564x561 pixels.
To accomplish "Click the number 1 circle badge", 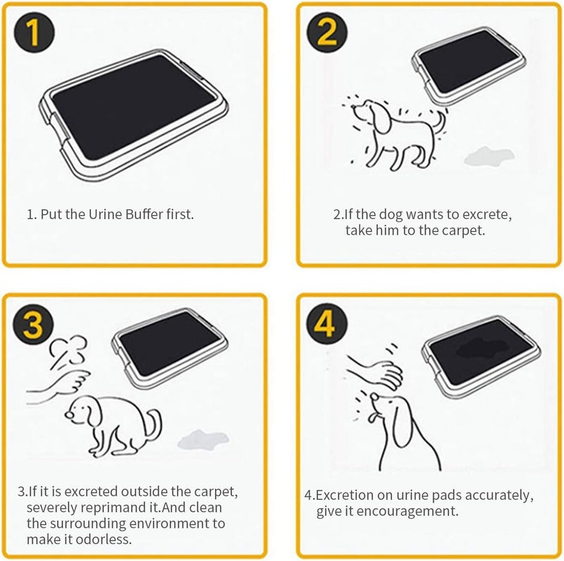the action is point(34,32).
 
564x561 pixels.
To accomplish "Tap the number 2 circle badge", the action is point(327,32).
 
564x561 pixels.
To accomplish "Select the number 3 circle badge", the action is point(34,325).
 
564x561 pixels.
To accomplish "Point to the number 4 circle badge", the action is point(327,325).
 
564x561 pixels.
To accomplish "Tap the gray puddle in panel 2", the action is point(489,156).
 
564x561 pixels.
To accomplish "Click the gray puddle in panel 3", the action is point(204,439).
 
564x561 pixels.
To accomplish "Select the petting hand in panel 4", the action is point(376,372).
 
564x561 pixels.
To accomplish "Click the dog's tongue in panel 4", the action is point(374,417).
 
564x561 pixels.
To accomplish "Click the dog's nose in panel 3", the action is point(68,414).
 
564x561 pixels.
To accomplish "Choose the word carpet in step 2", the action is point(463,230).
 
